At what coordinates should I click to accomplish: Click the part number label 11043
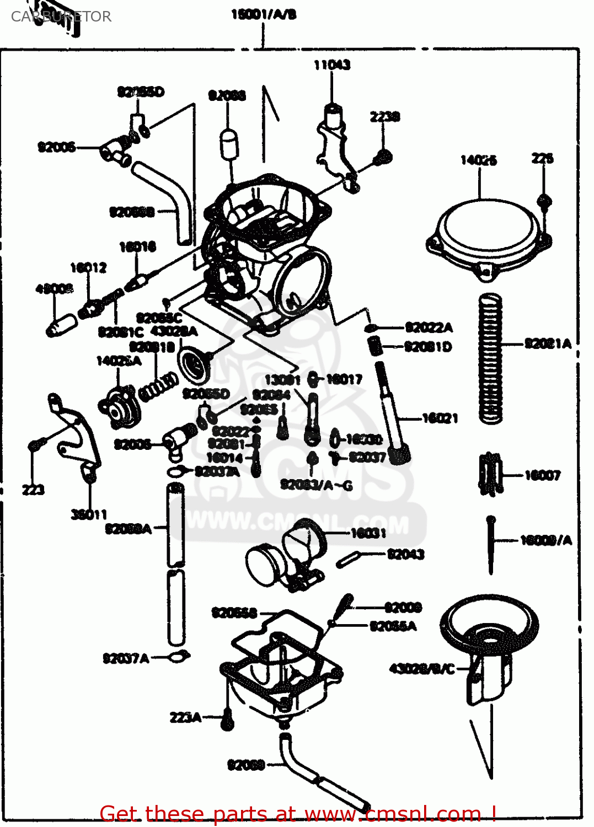click(x=332, y=65)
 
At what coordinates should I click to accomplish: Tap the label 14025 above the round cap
click(x=478, y=160)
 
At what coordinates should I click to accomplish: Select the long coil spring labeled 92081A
click(x=490, y=358)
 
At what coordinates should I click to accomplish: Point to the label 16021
click(x=440, y=418)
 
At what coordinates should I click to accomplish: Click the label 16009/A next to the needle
click(x=546, y=540)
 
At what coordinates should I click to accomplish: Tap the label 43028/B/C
click(x=422, y=669)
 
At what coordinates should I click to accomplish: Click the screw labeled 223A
click(x=227, y=719)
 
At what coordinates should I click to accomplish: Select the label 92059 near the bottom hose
click(x=247, y=765)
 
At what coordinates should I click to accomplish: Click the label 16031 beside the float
click(x=368, y=533)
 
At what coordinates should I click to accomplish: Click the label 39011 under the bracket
click(x=89, y=514)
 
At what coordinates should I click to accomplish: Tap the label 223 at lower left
click(x=33, y=490)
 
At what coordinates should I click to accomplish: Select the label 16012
click(x=88, y=267)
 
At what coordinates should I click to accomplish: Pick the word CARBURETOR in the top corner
click(x=61, y=17)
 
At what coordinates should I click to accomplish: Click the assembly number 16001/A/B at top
click(x=264, y=14)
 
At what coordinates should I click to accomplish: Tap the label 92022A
click(x=429, y=327)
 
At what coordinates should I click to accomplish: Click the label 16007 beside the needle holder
click(x=542, y=475)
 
